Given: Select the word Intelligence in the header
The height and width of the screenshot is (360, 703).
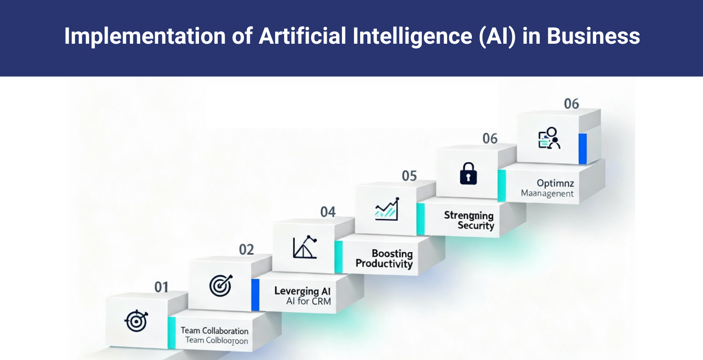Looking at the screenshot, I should click(412, 36).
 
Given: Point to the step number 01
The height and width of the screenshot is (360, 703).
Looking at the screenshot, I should click(161, 287).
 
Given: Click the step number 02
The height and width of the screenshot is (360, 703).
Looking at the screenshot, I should click(246, 249).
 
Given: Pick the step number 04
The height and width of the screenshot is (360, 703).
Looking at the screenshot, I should click(328, 212).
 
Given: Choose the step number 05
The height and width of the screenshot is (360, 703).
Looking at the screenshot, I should click(409, 176).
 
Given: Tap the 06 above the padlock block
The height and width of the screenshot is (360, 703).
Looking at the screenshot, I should click(490, 138).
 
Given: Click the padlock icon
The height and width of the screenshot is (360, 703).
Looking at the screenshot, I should click(468, 174).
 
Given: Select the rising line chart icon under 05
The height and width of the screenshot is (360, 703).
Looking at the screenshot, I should click(387, 210).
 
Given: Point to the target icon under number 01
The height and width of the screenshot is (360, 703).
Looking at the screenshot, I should click(136, 321).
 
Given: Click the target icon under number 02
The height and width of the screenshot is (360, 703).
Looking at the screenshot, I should click(221, 285).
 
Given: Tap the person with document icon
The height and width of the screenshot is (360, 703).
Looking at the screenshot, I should click(549, 138).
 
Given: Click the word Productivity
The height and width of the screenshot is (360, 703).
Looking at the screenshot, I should click(384, 264).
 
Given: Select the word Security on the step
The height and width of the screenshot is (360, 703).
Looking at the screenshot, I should click(476, 225).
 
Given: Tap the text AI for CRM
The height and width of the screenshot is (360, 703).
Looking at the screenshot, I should click(309, 301).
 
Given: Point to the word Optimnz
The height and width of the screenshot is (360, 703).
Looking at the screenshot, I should click(555, 183).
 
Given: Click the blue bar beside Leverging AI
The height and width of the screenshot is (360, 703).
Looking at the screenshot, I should click(255, 295).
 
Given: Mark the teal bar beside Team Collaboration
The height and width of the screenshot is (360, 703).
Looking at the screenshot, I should click(172, 333).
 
